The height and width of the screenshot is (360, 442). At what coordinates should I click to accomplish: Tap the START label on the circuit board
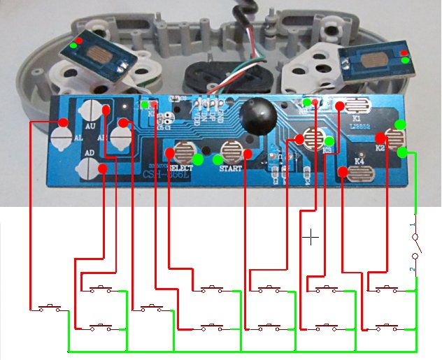(x=230, y=168)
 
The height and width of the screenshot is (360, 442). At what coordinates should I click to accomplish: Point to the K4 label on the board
(x=359, y=161)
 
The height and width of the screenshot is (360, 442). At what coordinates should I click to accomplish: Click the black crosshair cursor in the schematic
(x=311, y=238)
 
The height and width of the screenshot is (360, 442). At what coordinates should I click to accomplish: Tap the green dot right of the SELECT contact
(x=198, y=159)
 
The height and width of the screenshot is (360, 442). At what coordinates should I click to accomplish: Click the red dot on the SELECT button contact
(x=169, y=152)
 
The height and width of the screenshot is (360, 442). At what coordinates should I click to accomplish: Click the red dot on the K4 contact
(x=343, y=171)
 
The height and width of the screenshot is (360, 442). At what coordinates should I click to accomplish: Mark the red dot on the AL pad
(x=63, y=122)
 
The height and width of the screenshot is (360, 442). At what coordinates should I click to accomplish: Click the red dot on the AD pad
(x=103, y=168)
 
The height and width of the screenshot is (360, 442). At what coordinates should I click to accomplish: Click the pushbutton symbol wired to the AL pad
(x=49, y=307)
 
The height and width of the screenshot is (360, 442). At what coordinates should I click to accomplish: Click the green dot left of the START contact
(x=218, y=160)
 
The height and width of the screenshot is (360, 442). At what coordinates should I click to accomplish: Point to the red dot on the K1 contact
(x=339, y=106)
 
